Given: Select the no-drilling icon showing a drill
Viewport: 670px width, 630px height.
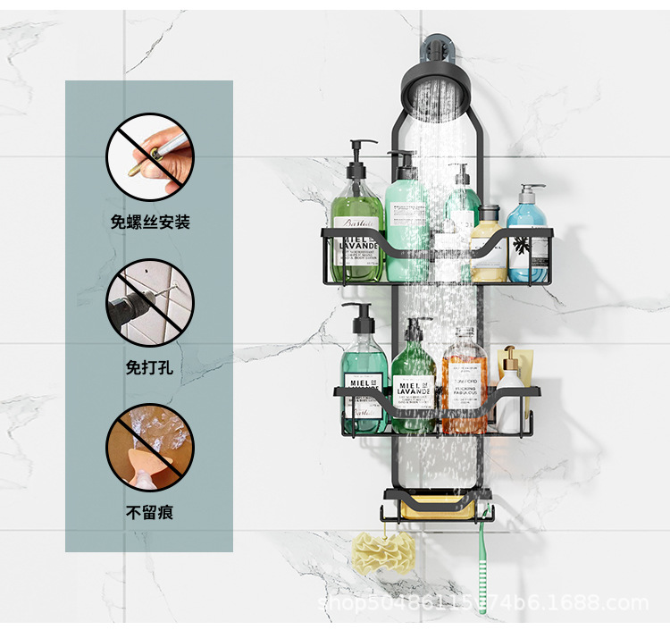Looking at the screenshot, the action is (x=150, y=303).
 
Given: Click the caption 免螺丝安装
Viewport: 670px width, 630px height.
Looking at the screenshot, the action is (x=150, y=221).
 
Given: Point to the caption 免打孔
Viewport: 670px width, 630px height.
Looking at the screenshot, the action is (x=150, y=366).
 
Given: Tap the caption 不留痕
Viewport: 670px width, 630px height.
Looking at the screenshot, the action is (x=150, y=513).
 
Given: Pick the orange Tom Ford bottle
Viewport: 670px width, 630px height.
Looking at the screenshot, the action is (x=464, y=380).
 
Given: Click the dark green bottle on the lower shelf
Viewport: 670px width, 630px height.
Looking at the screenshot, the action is (x=413, y=384).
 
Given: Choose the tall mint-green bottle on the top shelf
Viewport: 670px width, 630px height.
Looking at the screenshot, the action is (x=406, y=223).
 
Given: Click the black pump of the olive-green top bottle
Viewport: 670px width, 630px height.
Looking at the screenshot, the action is (x=361, y=154).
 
